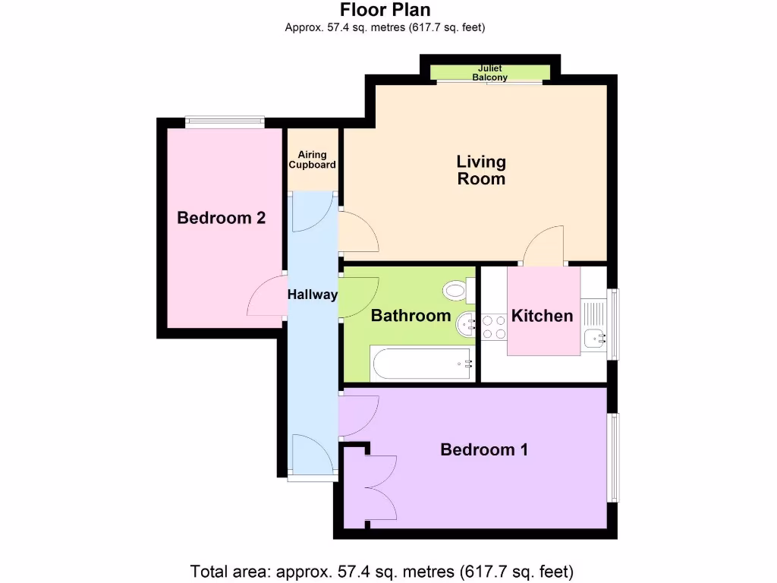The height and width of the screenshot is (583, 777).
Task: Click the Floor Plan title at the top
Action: [x=385, y=10]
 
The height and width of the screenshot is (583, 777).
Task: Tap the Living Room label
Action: [x=480, y=170]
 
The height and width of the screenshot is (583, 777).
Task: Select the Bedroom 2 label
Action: [x=221, y=219]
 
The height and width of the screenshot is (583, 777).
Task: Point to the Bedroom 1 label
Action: [x=484, y=450]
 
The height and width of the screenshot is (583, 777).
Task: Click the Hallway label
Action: [x=312, y=295]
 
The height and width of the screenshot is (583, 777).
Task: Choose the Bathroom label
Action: [x=411, y=316]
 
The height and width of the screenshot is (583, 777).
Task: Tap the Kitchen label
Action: [x=542, y=316]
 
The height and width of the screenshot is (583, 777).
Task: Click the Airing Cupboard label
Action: [x=312, y=159]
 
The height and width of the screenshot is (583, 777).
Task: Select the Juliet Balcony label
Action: [x=489, y=73]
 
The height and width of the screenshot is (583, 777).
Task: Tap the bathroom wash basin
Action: [x=466, y=326]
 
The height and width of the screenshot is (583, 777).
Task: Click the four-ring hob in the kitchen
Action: [x=494, y=326]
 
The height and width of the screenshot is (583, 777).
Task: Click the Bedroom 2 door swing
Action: [x=265, y=296]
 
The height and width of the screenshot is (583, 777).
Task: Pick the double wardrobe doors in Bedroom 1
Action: [x=379, y=486]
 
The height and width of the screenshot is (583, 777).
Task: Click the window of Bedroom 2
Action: [x=225, y=120]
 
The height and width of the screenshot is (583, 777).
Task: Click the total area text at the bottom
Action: [x=382, y=571]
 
